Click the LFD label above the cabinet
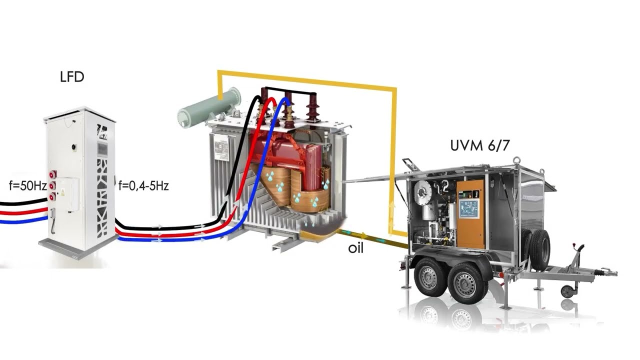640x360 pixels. click(x=72, y=77)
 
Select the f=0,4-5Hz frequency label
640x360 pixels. click(x=143, y=186)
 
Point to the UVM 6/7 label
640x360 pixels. click(x=480, y=146)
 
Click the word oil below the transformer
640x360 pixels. click(x=355, y=248)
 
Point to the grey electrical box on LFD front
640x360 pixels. click(x=67, y=194)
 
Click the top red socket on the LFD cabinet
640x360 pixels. click(x=51, y=174)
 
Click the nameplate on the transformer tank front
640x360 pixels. click(x=221, y=148)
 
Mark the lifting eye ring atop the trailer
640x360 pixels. click(x=517, y=161)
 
